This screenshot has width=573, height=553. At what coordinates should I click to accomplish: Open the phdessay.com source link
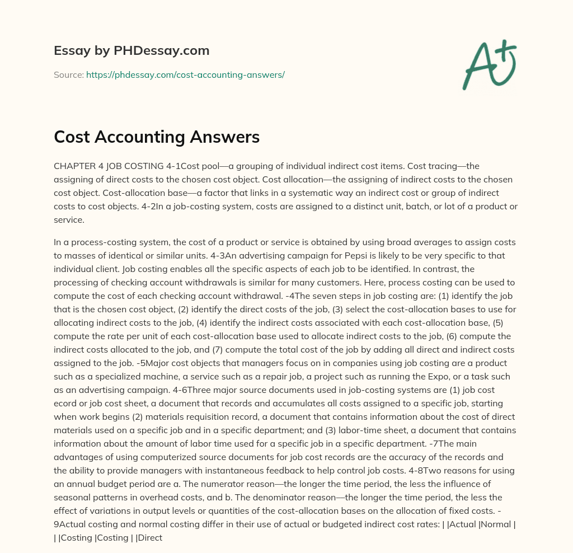point(185,74)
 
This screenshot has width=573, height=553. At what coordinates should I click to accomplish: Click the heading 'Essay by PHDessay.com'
point(131,50)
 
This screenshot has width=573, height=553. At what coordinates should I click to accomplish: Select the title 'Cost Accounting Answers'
point(157,137)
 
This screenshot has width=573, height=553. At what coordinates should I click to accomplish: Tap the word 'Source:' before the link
point(68,74)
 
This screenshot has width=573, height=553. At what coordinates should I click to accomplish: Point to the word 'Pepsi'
point(296,255)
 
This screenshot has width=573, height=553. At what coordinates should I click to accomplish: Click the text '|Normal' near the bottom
point(497,524)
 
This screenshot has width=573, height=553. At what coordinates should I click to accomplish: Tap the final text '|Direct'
point(147,537)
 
